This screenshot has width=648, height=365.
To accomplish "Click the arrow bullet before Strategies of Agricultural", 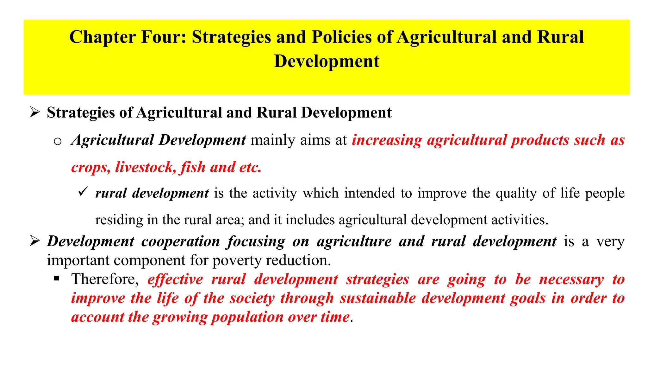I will pyautogui.click(x=34, y=112).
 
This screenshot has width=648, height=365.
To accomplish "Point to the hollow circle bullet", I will pyautogui.click(x=58, y=141).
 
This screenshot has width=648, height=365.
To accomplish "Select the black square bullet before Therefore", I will pyautogui.click(x=57, y=279).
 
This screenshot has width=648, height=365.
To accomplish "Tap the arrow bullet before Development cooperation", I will pyautogui.click(x=34, y=241).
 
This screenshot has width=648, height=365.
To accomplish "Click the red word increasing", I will pyautogui.click(x=387, y=140).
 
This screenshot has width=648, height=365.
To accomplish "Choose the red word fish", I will pyautogui.click(x=193, y=167).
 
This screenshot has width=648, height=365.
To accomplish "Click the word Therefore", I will pyautogui.click(x=105, y=279).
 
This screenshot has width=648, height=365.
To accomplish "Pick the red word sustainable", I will pyautogui.click(x=378, y=298).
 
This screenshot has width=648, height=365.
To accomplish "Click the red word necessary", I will pyautogui.click(x=571, y=279).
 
